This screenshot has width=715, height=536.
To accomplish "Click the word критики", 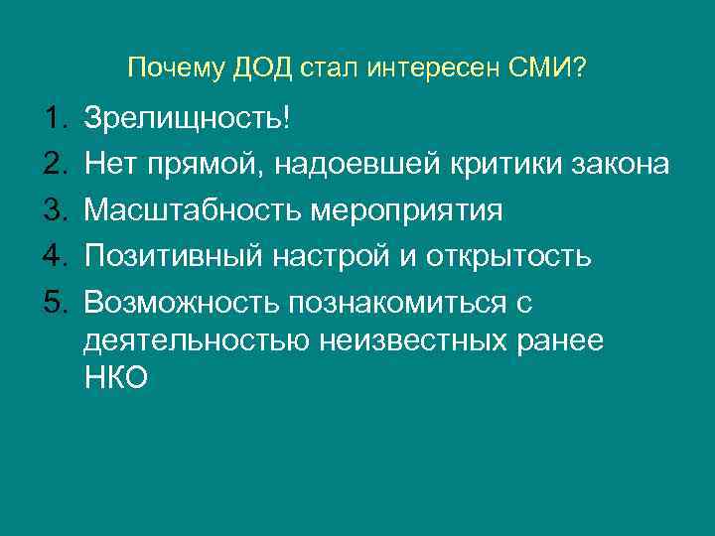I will [517, 165].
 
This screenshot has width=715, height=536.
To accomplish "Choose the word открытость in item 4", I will [509, 256].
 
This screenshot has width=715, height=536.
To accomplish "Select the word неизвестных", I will [418, 339].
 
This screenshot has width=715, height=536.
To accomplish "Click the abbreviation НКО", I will [116, 377].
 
